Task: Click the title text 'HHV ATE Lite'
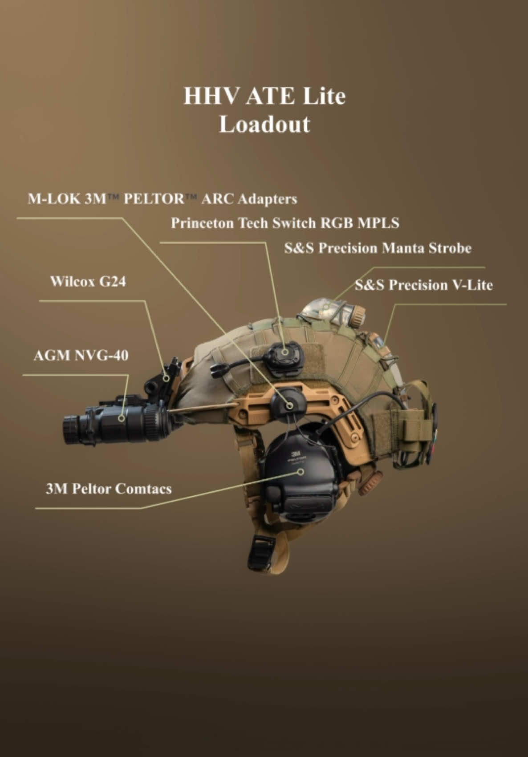pos(264,96)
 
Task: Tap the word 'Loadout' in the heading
pos(264,124)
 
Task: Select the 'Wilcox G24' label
pos(88,281)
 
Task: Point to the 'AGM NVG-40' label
pos(81,355)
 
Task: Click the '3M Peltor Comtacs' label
pos(109,489)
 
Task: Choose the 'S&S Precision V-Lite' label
pos(423,285)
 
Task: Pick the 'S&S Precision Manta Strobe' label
pos(378,248)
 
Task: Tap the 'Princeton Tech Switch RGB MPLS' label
pos(285,223)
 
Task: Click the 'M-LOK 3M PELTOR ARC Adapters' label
pos(162,199)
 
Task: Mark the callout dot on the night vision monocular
pos(122,418)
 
